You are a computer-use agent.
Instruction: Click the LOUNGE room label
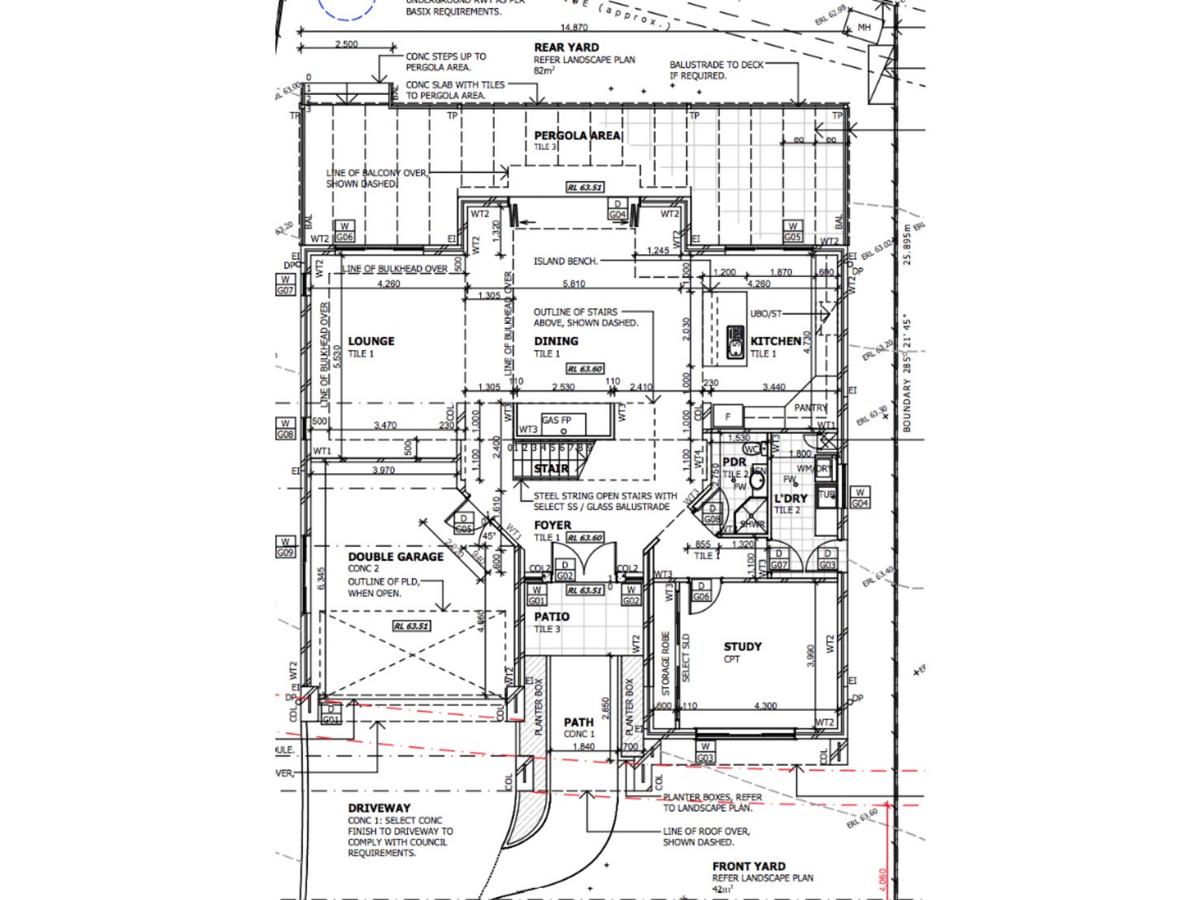[371, 341]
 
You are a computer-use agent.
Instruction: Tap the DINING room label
[556, 341]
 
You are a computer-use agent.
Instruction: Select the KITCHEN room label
[775, 341]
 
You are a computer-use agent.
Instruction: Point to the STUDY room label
[743, 647]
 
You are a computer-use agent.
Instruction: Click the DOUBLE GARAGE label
[396, 556]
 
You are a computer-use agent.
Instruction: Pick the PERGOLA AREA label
[578, 136]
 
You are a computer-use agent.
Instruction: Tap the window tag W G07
[285, 284]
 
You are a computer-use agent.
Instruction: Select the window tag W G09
[285, 547]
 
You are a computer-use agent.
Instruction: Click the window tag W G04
[860, 498]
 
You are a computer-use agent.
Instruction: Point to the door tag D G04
[617, 210]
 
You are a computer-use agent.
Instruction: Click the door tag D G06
[700, 591]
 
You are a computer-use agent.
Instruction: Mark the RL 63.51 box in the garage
[411, 626]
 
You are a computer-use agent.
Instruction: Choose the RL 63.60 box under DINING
[584, 369]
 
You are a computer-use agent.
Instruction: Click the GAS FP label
[557, 420]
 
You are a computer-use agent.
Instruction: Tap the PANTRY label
[810, 408]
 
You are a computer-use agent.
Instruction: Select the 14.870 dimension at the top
[574, 28]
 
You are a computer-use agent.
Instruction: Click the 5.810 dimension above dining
[574, 284]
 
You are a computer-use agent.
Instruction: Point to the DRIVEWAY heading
[379, 808]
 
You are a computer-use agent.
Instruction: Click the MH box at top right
[864, 28]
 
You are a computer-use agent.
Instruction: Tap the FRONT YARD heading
[748, 866]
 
